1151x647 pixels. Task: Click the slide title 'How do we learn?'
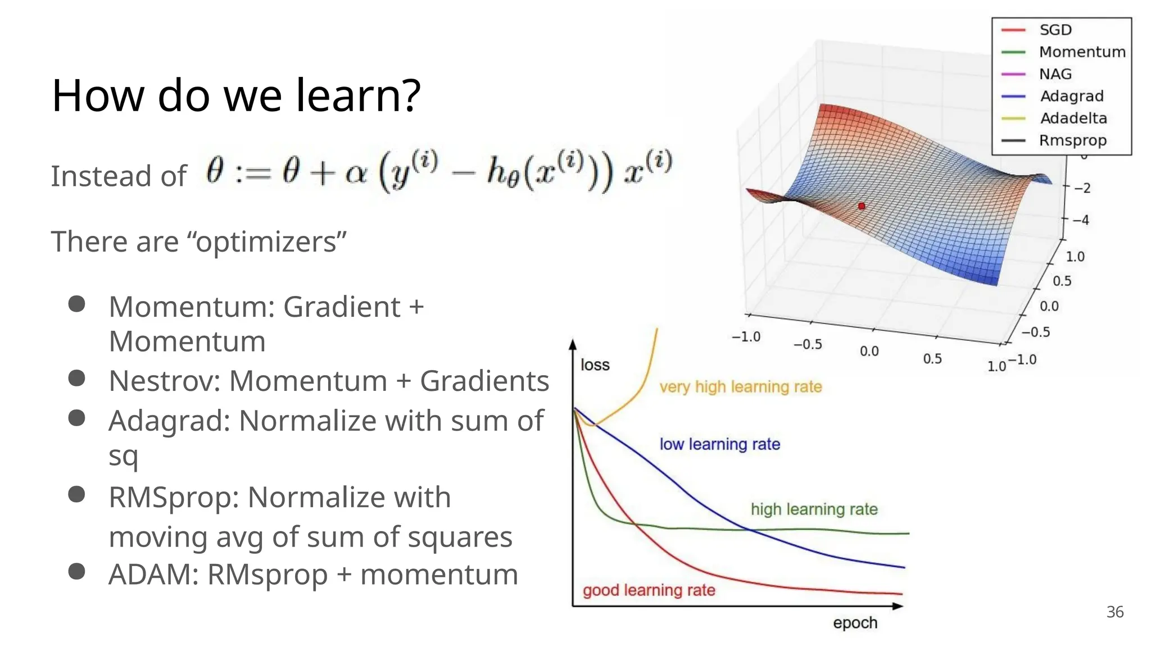coord(236,95)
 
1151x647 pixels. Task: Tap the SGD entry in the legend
coord(1055,30)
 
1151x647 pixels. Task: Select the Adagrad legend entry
coord(1071,96)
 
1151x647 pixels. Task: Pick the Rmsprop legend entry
coord(1072,140)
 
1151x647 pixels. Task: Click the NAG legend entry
coord(1055,74)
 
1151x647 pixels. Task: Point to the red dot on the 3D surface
coord(862,207)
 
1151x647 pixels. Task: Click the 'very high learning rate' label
coord(740,387)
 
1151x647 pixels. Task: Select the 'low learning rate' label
coord(719,444)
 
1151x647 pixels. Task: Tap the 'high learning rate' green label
coord(814,509)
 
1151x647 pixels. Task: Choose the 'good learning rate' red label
coord(649,590)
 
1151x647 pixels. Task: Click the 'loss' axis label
coord(595,365)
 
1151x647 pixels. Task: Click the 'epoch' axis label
coord(855,623)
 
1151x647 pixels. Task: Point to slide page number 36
coord(1114,612)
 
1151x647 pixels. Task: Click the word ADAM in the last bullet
coord(153,575)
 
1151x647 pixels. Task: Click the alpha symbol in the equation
coord(356,173)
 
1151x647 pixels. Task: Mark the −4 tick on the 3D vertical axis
coord(1081,220)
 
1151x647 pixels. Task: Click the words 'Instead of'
coord(119,176)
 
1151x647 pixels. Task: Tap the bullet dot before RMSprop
coord(76,494)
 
